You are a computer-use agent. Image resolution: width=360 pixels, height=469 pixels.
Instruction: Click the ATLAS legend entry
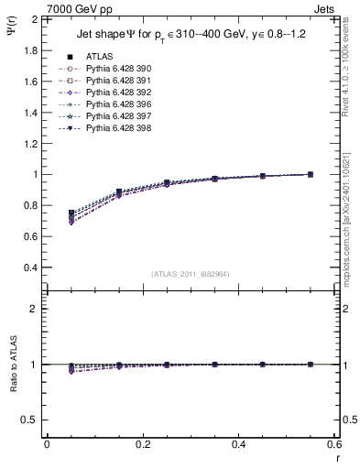[99, 56]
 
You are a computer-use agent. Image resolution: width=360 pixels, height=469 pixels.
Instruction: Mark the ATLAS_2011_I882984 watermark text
[191, 274]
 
